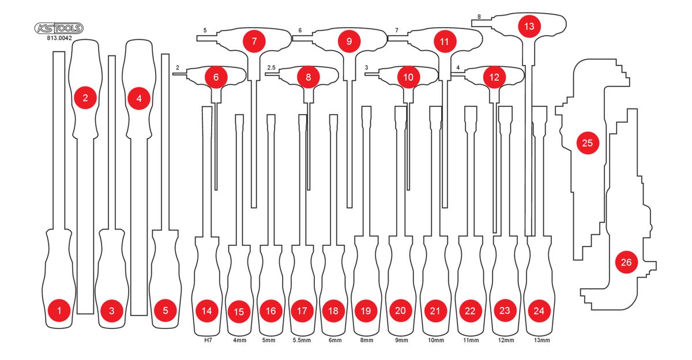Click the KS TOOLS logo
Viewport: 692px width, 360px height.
pyautogui.click(x=59, y=28)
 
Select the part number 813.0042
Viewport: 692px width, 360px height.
pyautogui.click(x=59, y=38)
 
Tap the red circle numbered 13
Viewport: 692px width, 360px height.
pyautogui.click(x=529, y=27)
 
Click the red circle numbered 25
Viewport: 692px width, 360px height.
pyautogui.click(x=587, y=142)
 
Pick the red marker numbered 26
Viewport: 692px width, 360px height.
pyautogui.click(x=626, y=262)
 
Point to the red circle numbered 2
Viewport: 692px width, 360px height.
pyautogui.click(x=85, y=98)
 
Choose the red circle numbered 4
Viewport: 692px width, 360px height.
pyautogui.click(x=139, y=99)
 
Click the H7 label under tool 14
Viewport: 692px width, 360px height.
pyautogui.click(x=208, y=340)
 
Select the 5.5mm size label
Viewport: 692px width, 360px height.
pyautogui.click(x=302, y=340)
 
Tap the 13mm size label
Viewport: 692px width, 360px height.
pyautogui.click(x=542, y=340)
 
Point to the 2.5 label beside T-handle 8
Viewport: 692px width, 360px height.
pyautogui.click(x=271, y=67)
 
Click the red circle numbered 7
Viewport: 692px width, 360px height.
pyautogui.click(x=254, y=41)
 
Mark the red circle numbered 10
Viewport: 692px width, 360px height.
pyautogui.click(x=408, y=77)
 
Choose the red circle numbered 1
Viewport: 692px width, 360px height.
pyautogui.click(x=59, y=310)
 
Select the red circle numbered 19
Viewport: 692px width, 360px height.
pyautogui.click(x=366, y=311)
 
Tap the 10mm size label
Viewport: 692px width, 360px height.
pyautogui.click(x=436, y=340)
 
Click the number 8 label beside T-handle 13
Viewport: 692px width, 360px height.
pyautogui.click(x=479, y=17)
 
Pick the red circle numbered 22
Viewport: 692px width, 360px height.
pyautogui.click(x=470, y=311)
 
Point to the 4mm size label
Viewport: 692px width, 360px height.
pyautogui.click(x=240, y=340)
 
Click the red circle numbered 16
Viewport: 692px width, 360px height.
pyautogui.click(x=270, y=311)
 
